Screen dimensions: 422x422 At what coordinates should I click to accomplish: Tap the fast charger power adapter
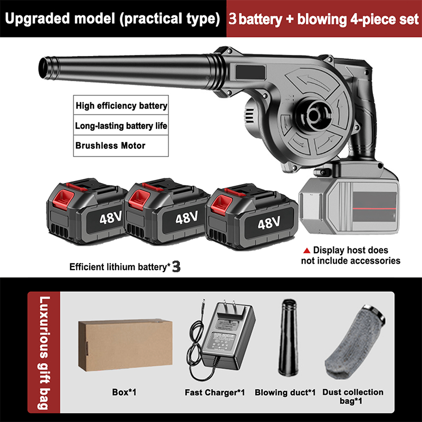tap(226, 338)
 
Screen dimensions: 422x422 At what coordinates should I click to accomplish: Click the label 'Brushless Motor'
tap(110, 145)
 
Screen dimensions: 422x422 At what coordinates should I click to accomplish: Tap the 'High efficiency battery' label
tap(121, 105)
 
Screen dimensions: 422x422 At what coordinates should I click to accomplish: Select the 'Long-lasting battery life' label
tap(121, 126)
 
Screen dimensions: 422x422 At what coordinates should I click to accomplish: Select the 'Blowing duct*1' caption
tap(285, 392)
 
